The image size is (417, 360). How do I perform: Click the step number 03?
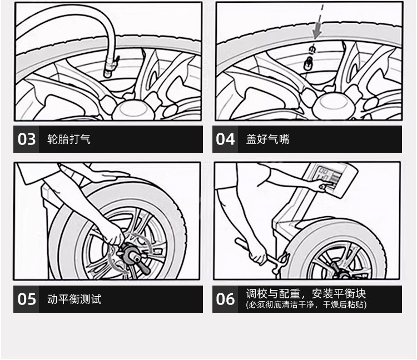click(x=27, y=139)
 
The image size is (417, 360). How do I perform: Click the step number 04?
click(x=226, y=139)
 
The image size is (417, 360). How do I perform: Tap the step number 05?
click(x=27, y=299)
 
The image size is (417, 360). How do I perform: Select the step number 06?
click(x=226, y=299)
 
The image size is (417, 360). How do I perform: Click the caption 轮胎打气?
click(x=69, y=139)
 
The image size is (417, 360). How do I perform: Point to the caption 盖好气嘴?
click(x=267, y=139)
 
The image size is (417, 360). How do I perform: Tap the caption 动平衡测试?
click(x=75, y=299)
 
